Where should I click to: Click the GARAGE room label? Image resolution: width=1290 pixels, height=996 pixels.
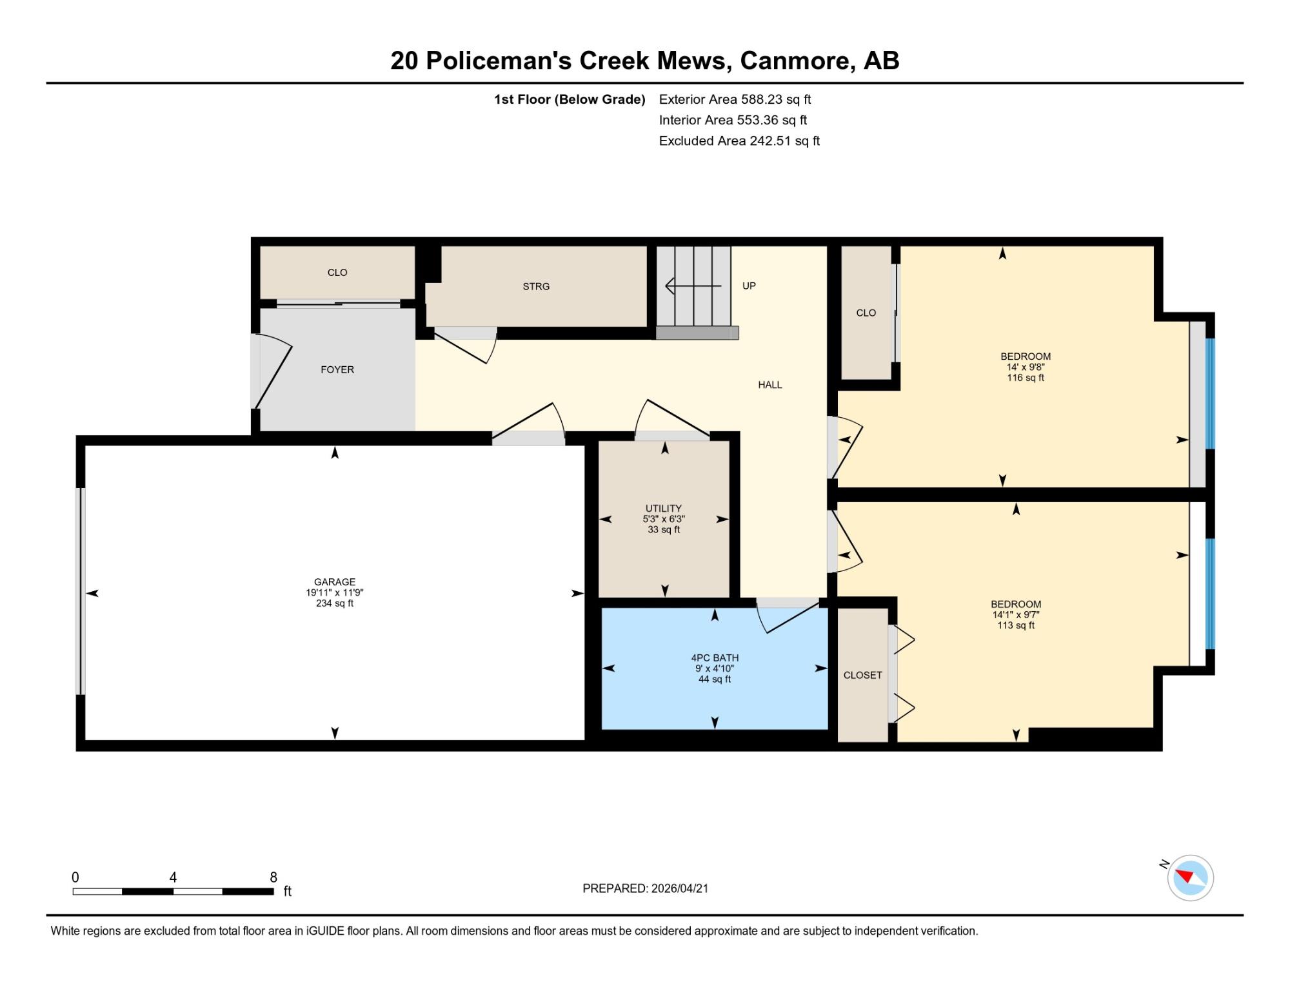point(335,581)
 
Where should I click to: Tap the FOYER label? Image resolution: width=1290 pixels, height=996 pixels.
point(337,369)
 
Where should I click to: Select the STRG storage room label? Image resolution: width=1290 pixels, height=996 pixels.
point(536,286)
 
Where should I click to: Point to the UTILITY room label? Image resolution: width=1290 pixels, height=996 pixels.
point(664,508)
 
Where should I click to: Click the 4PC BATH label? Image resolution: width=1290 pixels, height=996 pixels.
point(715,658)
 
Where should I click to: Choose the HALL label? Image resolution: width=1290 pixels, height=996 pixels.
point(770,385)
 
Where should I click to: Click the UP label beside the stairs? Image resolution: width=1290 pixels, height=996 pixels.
point(749,286)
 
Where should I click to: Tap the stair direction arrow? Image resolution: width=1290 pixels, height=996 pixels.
point(693,286)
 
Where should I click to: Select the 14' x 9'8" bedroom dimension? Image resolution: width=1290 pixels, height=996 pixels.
point(1026,367)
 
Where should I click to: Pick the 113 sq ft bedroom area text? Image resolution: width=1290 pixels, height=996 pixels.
point(1016,625)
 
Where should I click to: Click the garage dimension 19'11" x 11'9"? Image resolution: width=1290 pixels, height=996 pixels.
point(335,592)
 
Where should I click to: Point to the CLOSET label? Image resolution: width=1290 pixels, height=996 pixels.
point(862,675)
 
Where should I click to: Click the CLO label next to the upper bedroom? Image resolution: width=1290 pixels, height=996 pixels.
point(866,313)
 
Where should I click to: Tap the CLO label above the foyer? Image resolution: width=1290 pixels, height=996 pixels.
point(337,273)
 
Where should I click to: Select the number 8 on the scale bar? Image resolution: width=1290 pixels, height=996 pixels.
point(273,877)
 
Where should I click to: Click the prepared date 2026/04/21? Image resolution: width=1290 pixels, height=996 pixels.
point(680,888)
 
